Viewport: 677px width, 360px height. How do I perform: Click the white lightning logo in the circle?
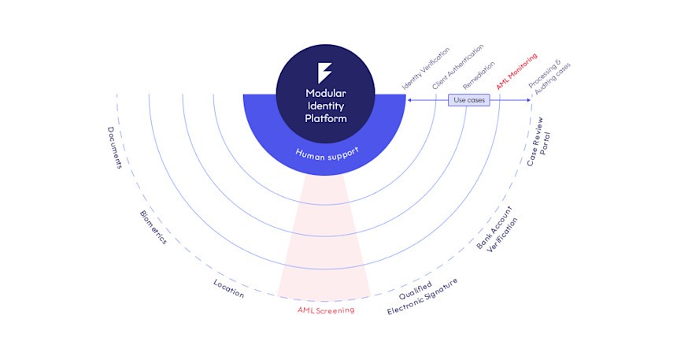coord(325,72)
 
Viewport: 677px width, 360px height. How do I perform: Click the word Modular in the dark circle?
coord(325,93)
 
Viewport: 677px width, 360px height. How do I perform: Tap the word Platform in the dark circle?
coord(325,118)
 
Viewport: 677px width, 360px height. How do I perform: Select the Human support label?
coord(325,150)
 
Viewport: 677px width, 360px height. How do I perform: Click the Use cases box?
coord(468,100)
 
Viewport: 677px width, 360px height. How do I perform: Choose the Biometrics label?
coord(154,227)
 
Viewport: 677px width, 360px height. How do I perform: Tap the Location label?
coord(229,288)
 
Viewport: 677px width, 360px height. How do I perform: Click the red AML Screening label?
coord(326,310)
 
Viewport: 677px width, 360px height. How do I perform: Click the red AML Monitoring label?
coord(516,69)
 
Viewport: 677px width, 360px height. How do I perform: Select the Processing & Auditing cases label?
coord(548,77)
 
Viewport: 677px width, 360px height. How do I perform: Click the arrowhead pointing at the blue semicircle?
coord(409,100)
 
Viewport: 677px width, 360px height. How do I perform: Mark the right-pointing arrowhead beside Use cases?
coord(530,100)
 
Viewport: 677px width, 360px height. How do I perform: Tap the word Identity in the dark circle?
coord(325,106)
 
